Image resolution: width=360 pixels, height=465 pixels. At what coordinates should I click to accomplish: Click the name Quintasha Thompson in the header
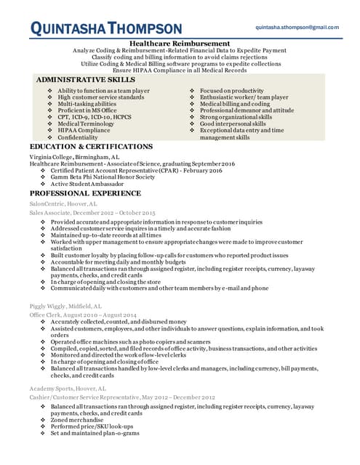tap(106, 29)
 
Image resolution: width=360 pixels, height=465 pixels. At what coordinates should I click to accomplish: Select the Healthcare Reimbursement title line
tap(181, 44)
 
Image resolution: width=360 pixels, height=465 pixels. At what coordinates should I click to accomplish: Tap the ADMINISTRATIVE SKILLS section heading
tap(86, 78)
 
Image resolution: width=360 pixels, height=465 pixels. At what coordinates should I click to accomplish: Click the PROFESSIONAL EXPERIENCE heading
tap(85, 193)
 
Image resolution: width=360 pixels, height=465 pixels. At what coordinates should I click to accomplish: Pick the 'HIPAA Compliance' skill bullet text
tap(84, 130)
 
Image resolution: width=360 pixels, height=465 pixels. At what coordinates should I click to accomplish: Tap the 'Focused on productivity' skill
tap(231, 90)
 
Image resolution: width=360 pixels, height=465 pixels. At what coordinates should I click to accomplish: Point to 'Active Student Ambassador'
tap(87, 184)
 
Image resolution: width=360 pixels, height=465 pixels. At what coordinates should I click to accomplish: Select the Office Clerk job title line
tap(83, 315)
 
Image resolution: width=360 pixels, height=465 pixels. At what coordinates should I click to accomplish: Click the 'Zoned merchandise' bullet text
tap(76, 420)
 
